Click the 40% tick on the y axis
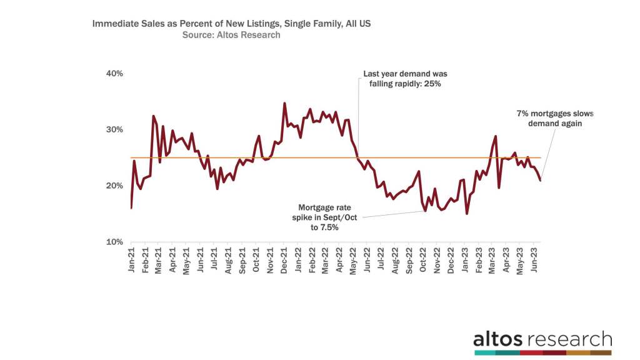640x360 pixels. pos(114,74)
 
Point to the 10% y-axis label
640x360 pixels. pos(114,242)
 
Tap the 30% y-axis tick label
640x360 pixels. pos(114,130)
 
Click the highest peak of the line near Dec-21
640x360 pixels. pos(284,103)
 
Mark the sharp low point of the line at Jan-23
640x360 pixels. pos(467,214)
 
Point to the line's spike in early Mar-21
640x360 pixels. pos(154,116)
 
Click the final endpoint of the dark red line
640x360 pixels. pos(540,181)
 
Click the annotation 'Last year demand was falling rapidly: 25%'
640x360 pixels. pos(405,79)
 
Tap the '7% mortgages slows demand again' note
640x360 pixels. pos(555,119)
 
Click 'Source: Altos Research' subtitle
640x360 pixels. pos(231,36)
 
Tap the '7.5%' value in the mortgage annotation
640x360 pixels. pos(329,227)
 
